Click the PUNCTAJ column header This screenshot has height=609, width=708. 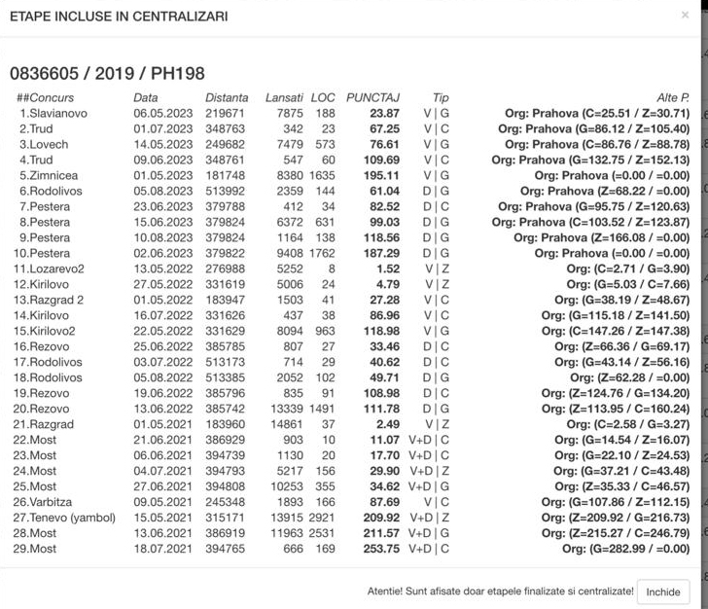pyautogui.click(x=372, y=97)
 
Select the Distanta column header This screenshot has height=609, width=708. pyautogui.click(x=227, y=97)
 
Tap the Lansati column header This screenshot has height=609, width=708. pyautogui.click(x=284, y=97)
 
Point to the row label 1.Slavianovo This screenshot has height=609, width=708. pyautogui.click(x=53, y=113)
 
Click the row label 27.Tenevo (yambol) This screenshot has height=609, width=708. pyautogui.click(x=65, y=518)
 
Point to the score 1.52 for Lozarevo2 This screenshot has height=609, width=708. pyautogui.click(x=385, y=269)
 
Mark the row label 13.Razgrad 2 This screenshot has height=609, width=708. pyautogui.click(x=51, y=300)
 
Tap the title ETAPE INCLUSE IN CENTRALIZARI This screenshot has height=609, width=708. pyautogui.click(x=118, y=17)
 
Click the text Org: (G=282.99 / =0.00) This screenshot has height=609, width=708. pyautogui.click(x=625, y=549)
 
